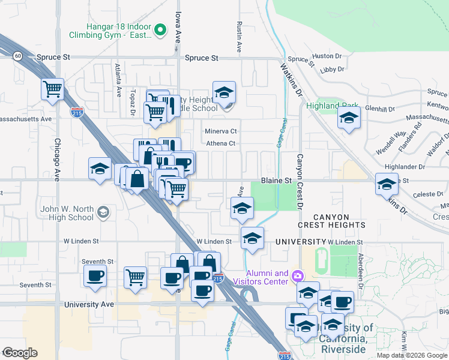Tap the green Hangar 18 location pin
click(x=160, y=28)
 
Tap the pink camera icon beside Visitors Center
click(x=297, y=276)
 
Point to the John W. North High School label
click(x=67, y=213)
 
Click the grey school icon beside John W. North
click(x=103, y=211)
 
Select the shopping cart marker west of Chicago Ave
click(x=52, y=90)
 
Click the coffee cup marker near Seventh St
click(x=95, y=276)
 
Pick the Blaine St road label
click(x=276, y=180)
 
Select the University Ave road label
click(x=89, y=304)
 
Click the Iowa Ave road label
click(x=178, y=29)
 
